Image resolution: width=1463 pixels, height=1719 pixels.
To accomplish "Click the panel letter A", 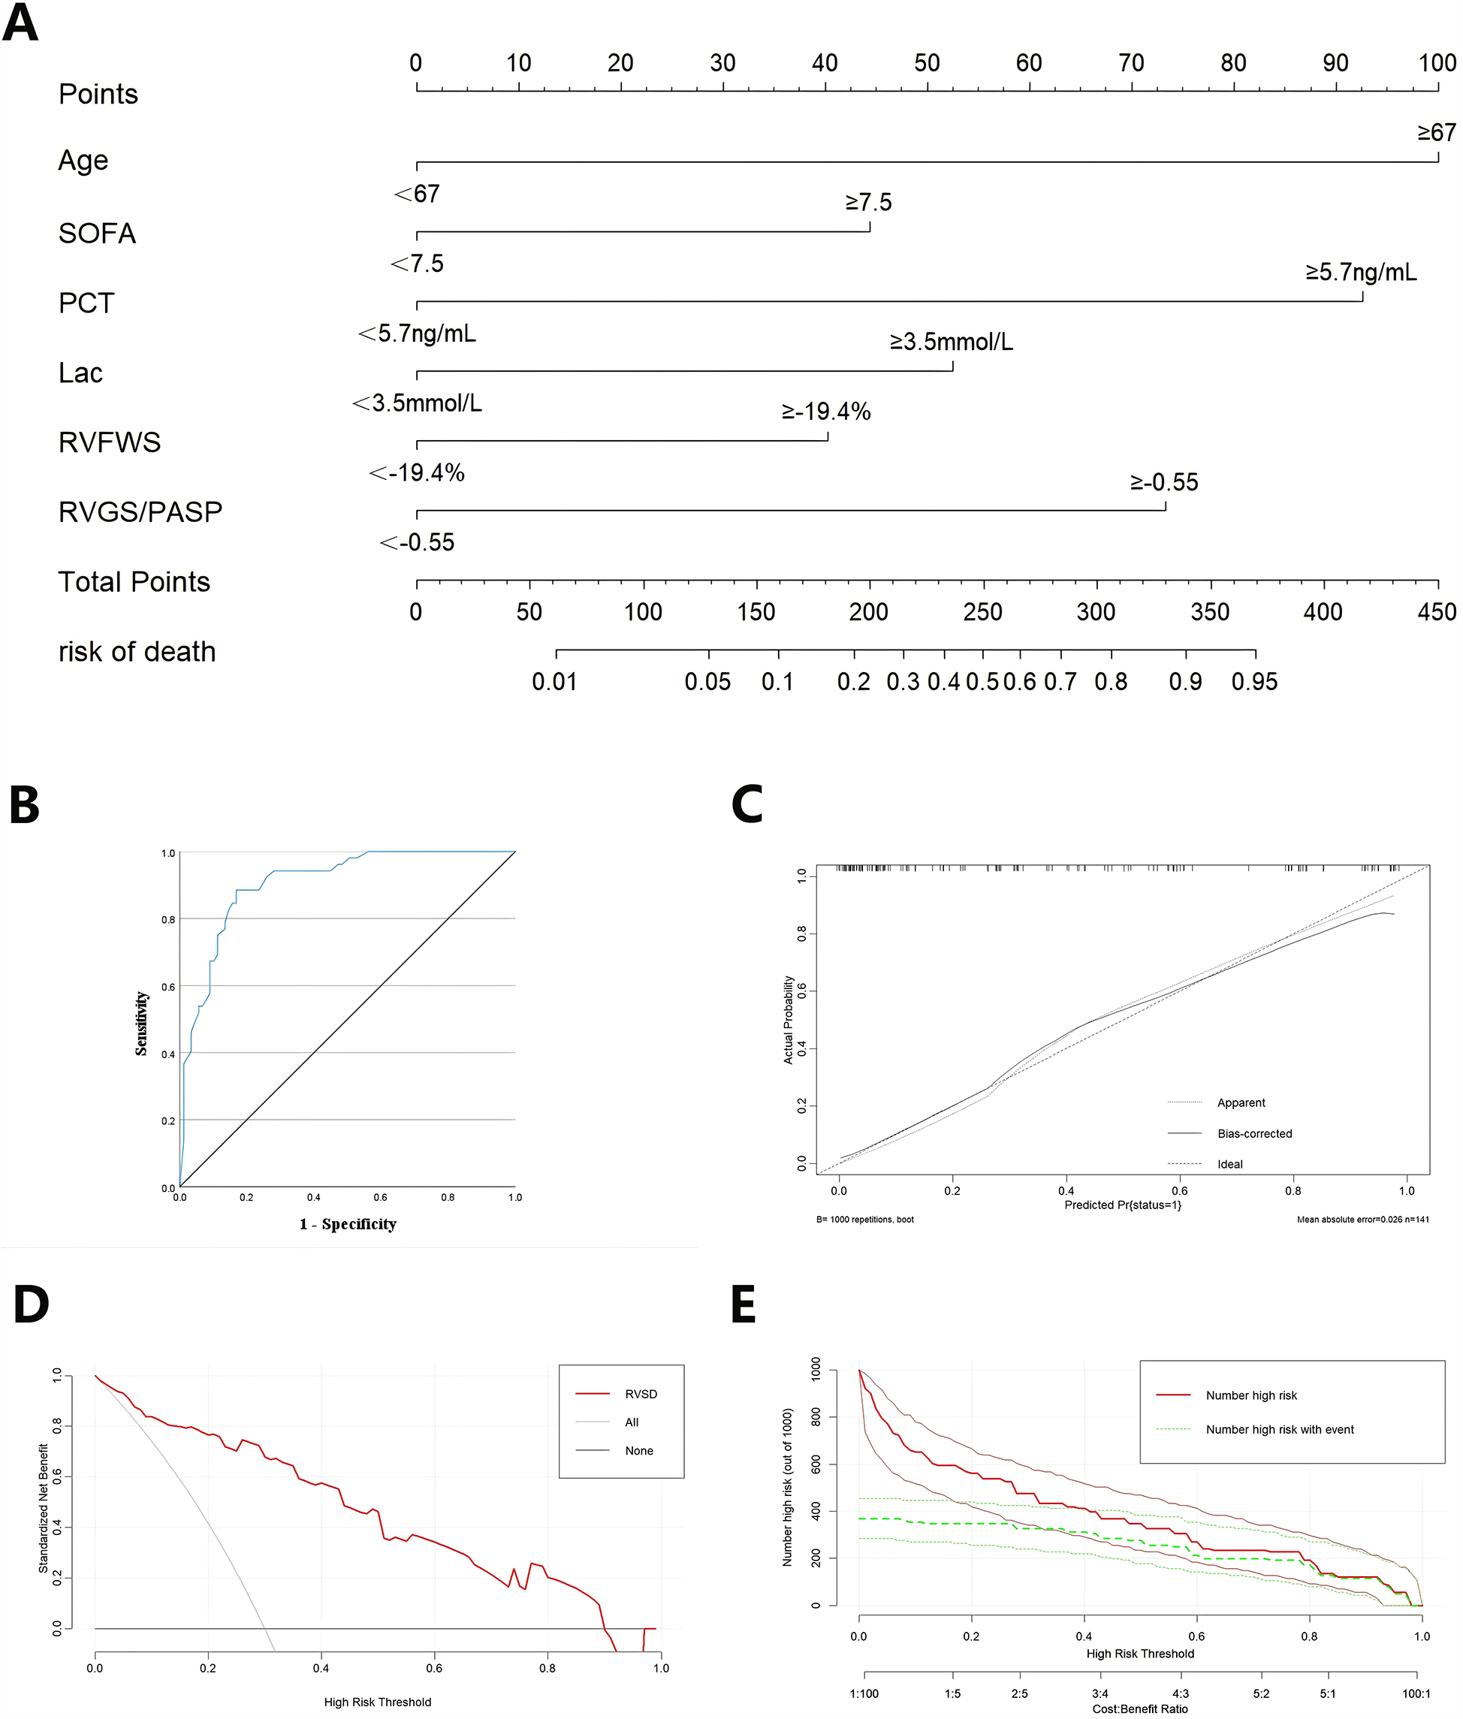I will pos(21,23).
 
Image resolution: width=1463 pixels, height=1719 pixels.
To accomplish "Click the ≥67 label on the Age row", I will pos(1437,133).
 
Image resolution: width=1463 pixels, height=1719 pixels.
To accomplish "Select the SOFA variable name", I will pos(97,234).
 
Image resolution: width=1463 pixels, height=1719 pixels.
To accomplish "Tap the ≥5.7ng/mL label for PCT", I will pos(1361,272).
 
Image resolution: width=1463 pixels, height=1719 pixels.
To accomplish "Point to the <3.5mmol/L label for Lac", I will pos(417,404).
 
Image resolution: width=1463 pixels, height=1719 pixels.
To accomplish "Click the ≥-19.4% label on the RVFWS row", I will pos(826,412).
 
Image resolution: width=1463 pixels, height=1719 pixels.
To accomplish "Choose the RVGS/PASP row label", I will pos(140,511).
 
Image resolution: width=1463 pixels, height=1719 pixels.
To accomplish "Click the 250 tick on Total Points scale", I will pos(983,612).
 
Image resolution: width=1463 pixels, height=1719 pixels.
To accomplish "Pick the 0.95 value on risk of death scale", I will pos(1254,682).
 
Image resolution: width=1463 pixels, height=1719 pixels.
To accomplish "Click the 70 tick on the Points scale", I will pos(1131,63).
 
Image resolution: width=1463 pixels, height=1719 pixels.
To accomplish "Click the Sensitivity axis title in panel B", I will pos(142,1024).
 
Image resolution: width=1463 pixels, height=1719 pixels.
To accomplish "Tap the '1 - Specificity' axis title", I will pos(348,1224).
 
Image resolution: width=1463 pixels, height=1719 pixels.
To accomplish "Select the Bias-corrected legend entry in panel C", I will pos(1254,1133).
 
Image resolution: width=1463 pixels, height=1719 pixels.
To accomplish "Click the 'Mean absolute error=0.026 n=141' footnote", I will pos(1362,1219).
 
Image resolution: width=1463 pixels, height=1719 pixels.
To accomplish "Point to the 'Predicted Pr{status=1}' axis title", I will pos(1122,1205).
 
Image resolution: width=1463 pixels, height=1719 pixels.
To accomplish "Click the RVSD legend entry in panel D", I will pos(641,1394).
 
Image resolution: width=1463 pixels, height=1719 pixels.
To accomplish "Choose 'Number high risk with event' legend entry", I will pos(1279,1429).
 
